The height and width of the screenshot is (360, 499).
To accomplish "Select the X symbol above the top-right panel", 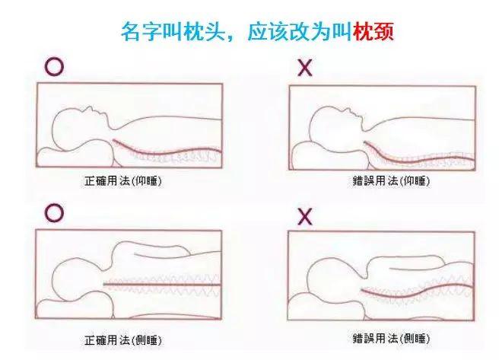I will tap(306, 68).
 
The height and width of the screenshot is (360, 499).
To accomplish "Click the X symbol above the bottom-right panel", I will tap(306, 215).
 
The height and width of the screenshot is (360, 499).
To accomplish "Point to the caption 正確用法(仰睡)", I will tap(126, 183).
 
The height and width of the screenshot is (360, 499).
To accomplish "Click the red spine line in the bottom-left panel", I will tap(167, 286).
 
